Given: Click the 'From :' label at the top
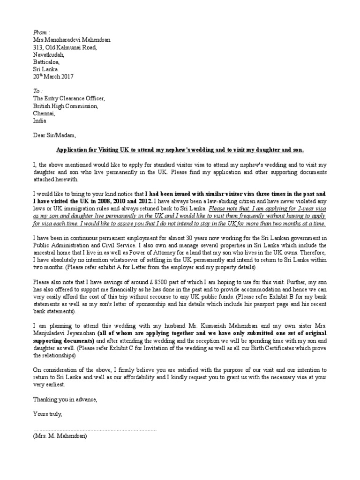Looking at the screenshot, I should [x=41, y=32].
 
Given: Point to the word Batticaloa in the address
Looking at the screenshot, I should [x=46, y=61].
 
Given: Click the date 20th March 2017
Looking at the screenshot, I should [x=53, y=76].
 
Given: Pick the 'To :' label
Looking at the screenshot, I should [x=37, y=91].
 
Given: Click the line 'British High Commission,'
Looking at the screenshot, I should [x=66, y=106].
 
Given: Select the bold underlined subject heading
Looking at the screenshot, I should [x=180, y=150].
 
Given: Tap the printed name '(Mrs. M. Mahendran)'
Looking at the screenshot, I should [x=60, y=435].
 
